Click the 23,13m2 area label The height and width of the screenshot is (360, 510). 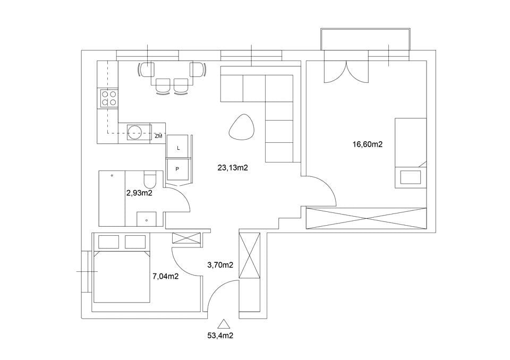tap(233, 168)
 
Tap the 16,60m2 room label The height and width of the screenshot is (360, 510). tap(368, 144)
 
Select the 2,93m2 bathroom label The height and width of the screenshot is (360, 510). tap(139, 193)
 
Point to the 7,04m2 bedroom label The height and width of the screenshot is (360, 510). tap(166, 277)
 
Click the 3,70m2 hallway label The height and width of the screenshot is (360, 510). tap(220, 265)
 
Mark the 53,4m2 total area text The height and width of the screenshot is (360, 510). tap(220, 336)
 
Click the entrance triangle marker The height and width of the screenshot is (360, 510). tap(223, 324)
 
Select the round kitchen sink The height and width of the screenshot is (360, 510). tap(134, 132)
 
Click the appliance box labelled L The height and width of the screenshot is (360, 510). tap(177, 147)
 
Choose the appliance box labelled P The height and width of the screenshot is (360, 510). tap(177, 169)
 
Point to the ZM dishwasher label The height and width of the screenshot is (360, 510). tap(158, 136)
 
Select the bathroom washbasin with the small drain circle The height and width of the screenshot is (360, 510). tap(147, 219)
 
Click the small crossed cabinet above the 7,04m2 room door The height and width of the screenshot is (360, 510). tap(186, 238)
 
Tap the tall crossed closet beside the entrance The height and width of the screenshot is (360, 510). tap(250, 255)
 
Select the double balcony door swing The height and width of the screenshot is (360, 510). tap(346, 72)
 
